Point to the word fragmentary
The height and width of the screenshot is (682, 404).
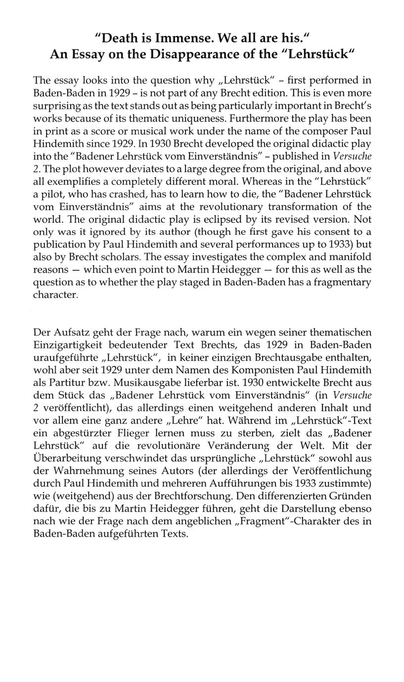tap(339, 282)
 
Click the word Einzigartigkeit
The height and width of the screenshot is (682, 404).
tap(70, 344)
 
